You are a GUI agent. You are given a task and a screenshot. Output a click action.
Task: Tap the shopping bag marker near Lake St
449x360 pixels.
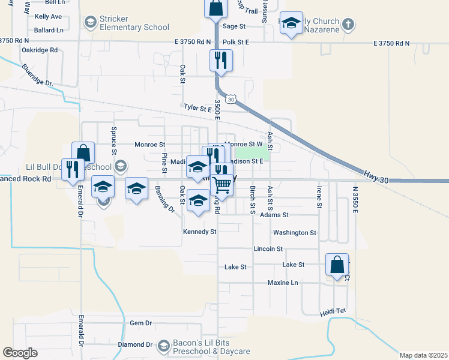(337, 265)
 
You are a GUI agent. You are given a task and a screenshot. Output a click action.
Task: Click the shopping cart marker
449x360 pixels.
(222, 185)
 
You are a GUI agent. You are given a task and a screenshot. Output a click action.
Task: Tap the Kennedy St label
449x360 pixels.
(199, 232)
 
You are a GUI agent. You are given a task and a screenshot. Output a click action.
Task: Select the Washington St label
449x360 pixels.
(294, 232)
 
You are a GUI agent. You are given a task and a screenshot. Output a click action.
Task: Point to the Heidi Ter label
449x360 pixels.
(333, 311)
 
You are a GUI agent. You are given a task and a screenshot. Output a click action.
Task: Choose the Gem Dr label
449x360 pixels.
(140, 323)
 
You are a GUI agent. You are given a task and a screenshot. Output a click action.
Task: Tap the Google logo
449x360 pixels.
(20, 353)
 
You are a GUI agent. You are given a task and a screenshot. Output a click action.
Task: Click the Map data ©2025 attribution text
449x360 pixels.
(423, 355)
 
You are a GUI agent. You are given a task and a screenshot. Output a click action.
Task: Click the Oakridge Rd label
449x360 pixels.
(39, 50)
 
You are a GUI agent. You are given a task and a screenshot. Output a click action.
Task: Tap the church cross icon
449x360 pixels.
(347, 25)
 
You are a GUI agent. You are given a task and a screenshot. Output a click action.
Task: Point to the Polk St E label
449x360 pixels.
(235, 43)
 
